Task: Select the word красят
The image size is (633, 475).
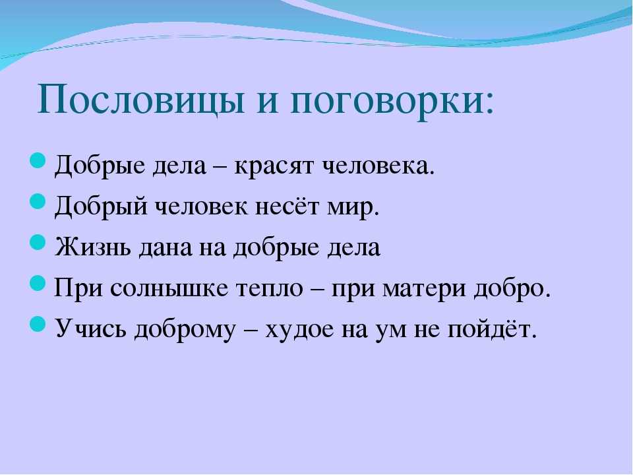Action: [274, 166]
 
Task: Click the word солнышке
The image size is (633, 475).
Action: [169, 288]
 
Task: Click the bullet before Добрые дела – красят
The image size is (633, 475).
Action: [38, 160]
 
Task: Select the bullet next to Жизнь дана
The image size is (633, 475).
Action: [38, 242]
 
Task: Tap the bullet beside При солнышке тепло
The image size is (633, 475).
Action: [38, 283]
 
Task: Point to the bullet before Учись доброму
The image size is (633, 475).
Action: [38, 324]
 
